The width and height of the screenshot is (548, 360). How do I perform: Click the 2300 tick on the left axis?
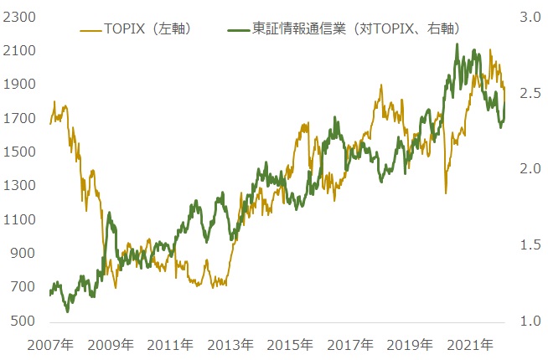(18, 17)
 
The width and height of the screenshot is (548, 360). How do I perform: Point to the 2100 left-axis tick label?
(18, 51)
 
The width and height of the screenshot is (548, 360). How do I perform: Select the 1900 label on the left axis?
(18, 85)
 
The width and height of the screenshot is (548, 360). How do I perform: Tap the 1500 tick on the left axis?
(18, 152)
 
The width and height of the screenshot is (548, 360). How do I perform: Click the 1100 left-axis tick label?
(18, 220)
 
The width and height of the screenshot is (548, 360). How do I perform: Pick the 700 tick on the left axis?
(22, 288)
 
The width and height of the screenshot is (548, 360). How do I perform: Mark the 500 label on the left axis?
(22, 321)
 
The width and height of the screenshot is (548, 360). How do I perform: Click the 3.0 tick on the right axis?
(530, 17)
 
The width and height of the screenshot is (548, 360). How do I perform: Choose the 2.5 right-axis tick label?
(530, 93)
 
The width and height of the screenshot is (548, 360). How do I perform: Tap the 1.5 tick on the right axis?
(530, 245)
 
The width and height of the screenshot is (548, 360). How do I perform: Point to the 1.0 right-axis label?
(530, 321)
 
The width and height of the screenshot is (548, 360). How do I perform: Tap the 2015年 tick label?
(291, 345)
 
